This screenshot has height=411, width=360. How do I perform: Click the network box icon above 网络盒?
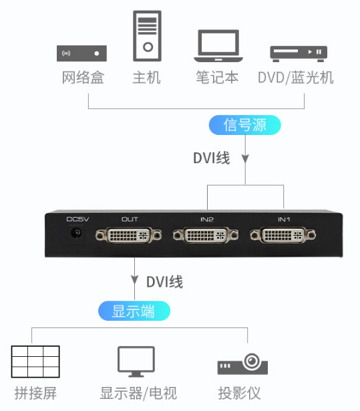81,53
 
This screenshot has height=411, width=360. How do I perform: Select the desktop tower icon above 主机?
147,36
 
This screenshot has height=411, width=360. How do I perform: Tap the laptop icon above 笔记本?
218,46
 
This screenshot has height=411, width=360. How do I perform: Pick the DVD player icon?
299,53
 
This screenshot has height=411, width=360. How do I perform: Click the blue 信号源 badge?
244,125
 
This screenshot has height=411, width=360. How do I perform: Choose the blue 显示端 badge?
134,311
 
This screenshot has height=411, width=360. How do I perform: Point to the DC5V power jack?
77,233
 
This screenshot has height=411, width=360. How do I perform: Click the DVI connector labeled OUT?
128,235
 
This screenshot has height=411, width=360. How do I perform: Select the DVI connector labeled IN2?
206,235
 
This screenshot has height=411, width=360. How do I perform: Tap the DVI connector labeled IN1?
283,235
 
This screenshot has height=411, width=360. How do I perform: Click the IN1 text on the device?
284,219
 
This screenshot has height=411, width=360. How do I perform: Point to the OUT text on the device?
130,219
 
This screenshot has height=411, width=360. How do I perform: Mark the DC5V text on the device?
78,219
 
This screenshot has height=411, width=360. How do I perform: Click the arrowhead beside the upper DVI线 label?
245,159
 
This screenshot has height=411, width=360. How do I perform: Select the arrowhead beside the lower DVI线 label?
134,280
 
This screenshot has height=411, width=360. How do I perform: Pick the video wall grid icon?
35,362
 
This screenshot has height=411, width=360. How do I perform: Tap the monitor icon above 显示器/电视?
136,362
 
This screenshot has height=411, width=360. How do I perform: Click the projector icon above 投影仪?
242,364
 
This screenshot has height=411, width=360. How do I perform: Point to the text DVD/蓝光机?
296,78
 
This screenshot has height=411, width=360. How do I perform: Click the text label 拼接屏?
35,393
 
